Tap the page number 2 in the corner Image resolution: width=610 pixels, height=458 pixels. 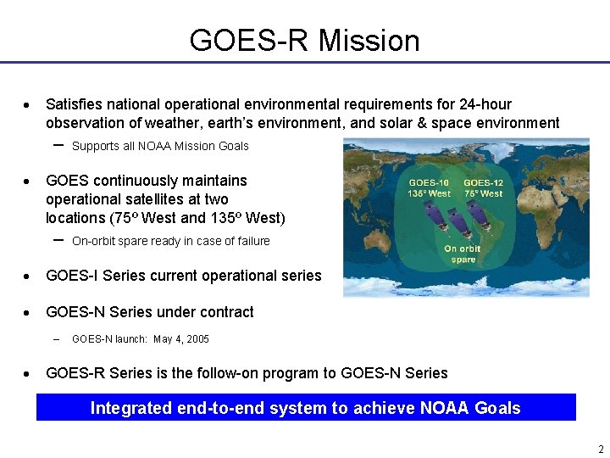click(x=601, y=449)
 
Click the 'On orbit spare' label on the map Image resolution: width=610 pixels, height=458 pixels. click(x=463, y=254)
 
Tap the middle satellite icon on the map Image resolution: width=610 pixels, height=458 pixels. click(x=460, y=222)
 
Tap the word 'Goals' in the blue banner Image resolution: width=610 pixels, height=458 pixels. click(x=497, y=408)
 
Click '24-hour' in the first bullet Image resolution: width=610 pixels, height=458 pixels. click(x=485, y=104)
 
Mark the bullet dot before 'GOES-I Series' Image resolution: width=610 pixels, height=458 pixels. click(x=28, y=276)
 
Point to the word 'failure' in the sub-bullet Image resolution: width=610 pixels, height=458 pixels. click(x=252, y=241)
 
